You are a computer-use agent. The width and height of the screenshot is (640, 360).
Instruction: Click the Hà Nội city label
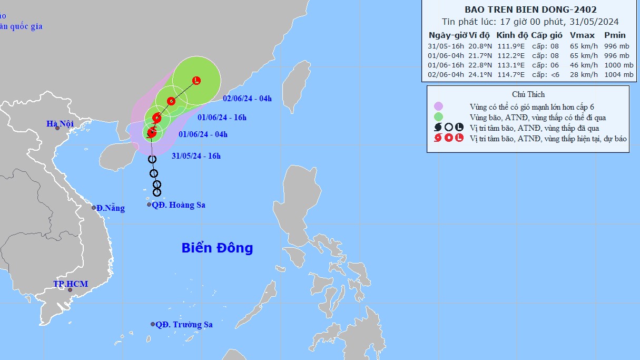tap(60, 124)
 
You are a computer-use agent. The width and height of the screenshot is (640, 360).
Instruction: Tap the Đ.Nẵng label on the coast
tap(111, 208)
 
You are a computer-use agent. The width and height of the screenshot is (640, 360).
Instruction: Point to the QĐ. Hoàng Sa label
tap(178, 205)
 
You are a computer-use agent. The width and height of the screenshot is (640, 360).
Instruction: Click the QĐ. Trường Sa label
tap(184, 325)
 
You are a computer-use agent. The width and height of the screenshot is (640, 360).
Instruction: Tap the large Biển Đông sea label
tap(217, 248)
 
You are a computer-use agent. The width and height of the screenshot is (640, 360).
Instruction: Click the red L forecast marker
tap(196, 81)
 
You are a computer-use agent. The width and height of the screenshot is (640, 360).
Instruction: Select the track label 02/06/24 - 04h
tap(247, 99)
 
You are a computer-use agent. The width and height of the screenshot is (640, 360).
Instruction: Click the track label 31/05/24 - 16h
tap(196, 155)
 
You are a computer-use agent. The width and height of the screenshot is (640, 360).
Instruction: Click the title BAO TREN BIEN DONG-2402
tap(530, 9)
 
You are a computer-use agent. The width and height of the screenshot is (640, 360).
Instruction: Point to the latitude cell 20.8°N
tap(479, 46)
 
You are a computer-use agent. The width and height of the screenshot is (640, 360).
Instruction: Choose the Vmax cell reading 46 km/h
tap(584, 65)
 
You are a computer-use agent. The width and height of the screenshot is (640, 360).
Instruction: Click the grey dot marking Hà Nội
tap(57, 129)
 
